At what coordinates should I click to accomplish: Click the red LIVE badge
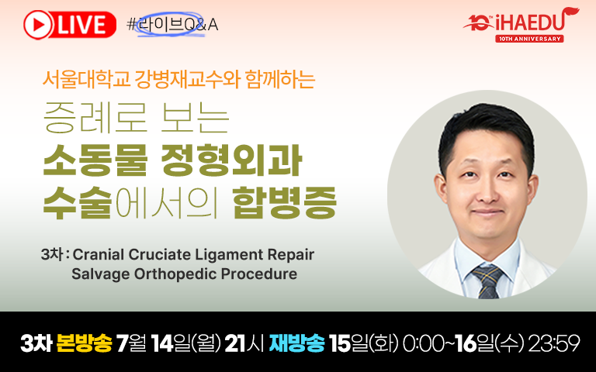coord(70,25)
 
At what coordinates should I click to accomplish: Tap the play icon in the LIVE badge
coord(38,25)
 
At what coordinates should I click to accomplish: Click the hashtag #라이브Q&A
coord(172,25)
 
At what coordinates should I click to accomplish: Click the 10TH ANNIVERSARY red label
coord(529,39)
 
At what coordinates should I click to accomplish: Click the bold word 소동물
coord(95,160)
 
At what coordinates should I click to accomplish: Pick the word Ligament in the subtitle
coord(229,255)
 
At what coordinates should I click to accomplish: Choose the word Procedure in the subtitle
coord(259,274)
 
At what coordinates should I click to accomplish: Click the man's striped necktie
coord(488,281)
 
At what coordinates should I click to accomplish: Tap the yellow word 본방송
coord(84,343)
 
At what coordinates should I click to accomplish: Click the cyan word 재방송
coord(296,343)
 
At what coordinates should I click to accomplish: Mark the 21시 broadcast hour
coord(244,343)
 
